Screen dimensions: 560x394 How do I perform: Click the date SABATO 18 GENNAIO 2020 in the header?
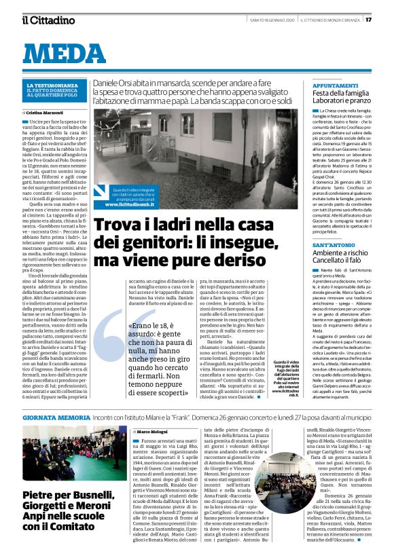(271, 19)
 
